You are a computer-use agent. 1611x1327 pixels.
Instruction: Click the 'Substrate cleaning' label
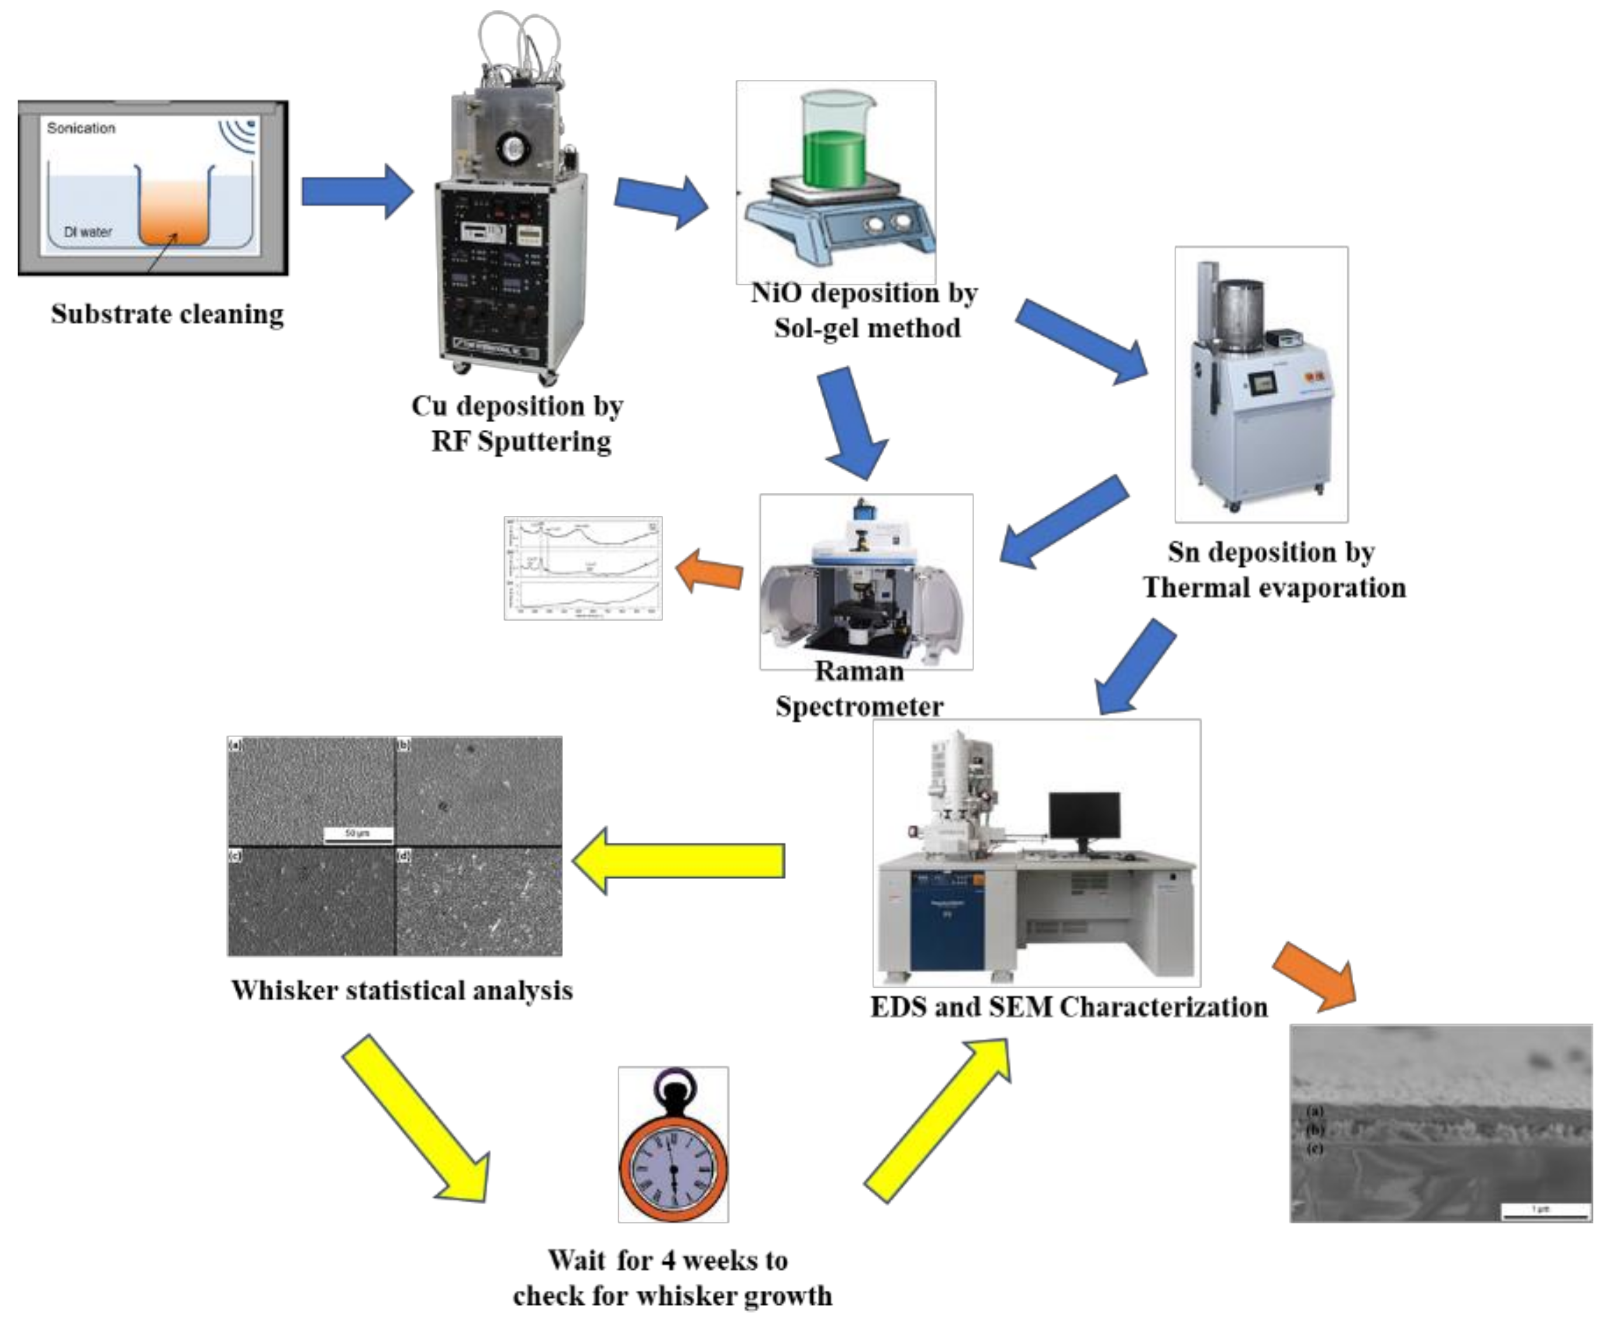click(167, 313)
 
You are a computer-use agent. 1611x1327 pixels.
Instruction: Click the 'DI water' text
click(88, 232)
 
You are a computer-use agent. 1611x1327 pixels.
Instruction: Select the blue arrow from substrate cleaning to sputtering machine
click(356, 191)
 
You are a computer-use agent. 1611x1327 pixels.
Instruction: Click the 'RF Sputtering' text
click(521, 441)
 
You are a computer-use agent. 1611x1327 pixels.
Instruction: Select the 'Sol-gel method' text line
click(867, 328)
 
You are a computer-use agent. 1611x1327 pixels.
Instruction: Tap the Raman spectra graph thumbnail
click(583, 568)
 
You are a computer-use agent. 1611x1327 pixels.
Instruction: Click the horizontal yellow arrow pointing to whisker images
click(679, 861)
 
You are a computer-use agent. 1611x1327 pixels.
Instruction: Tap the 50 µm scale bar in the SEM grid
click(358, 834)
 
